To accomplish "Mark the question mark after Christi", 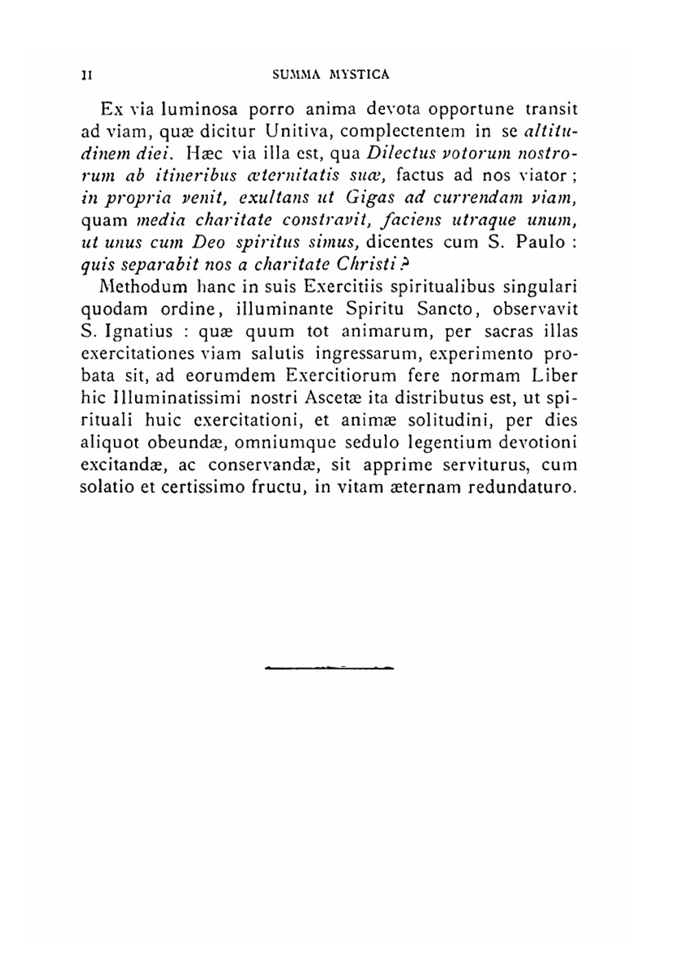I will click(405, 264).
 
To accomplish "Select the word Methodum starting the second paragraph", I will click(139, 287).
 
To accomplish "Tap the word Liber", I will click(555, 376).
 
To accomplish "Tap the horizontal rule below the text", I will click(329, 666).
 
